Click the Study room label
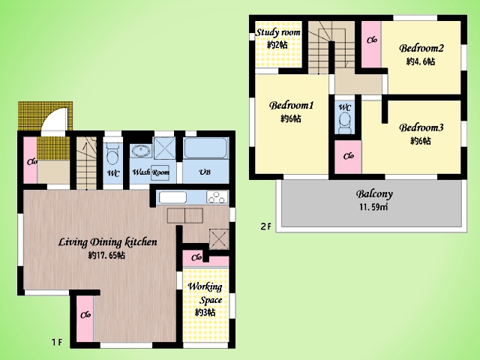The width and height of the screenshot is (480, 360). click(x=278, y=32)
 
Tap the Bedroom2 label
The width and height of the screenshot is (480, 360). click(x=421, y=48)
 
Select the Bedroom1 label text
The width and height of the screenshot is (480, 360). click(x=291, y=105)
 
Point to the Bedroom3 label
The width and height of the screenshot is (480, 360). click(x=421, y=127)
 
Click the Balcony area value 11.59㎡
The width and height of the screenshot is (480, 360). click(x=373, y=207)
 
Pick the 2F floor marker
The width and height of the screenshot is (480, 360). click(x=265, y=226)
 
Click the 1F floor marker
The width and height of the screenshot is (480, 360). click(x=57, y=342)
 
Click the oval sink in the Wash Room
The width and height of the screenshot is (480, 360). click(x=141, y=151)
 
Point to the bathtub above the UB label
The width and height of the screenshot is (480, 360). click(x=205, y=148)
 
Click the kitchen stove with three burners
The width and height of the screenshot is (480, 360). click(x=217, y=196)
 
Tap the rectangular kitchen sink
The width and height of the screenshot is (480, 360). click(x=172, y=197)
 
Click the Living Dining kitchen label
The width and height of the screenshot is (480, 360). click(x=108, y=242)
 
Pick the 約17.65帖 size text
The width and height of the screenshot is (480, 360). click(x=106, y=255)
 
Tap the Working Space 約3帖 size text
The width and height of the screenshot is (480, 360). click(x=205, y=313)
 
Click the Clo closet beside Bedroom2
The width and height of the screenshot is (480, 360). click(x=371, y=44)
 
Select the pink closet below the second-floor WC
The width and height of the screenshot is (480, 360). click(x=348, y=157)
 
